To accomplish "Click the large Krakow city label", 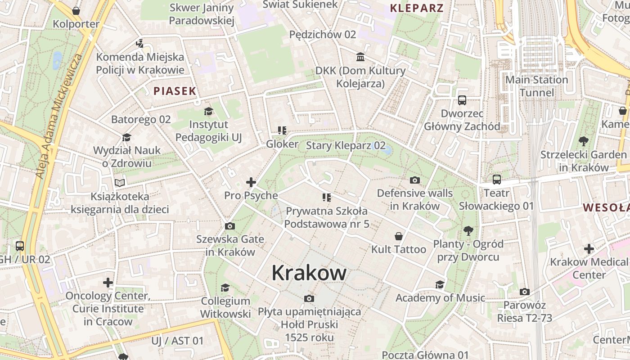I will tap(309, 273).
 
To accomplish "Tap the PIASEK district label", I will tap(175, 91).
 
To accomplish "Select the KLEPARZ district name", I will tap(417, 8).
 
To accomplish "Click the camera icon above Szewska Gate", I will tap(229, 226).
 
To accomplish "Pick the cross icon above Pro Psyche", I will tap(251, 182).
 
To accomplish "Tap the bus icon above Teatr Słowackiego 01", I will tap(497, 180).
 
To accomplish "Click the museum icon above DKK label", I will tap(360, 57).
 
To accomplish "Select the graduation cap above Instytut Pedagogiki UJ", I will tap(208, 111).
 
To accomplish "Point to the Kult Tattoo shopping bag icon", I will tap(398, 236).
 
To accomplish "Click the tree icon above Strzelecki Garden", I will tap(583, 141).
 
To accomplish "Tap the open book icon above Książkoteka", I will tap(120, 183).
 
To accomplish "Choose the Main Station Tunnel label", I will tap(537, 86).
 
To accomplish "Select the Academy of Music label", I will tap(440, 297).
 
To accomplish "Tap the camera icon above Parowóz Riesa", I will tap(524, 292).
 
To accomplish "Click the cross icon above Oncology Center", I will tap(108, 283).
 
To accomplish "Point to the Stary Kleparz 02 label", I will tap(346, 145).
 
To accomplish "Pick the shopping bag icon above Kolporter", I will tap(76, 11).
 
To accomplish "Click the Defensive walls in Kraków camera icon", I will tap(415, 180).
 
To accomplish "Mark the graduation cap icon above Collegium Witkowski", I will tap(225, 288).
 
